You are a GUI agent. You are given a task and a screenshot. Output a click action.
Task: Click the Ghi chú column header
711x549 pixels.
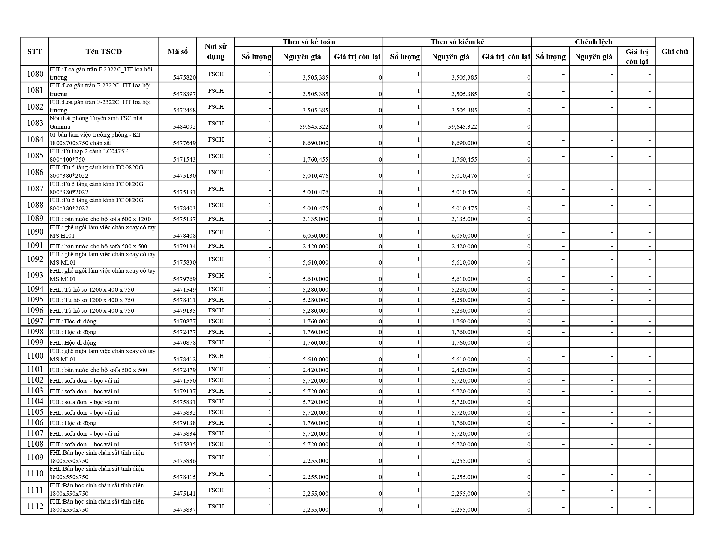pyautogui.click(x=674, y=52)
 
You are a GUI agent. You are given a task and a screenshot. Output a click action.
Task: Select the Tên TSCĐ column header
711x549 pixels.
pyautogui.click(x=103, y=52)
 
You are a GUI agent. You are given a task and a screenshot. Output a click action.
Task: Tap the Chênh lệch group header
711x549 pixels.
pyautogui.click(x=593, y=42)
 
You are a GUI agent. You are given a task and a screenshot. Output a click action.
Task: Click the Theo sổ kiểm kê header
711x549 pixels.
pyautogui.click(x=457, y=42)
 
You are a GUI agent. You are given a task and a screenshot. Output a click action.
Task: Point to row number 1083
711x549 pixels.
pyautogui.click(x=35, y=123)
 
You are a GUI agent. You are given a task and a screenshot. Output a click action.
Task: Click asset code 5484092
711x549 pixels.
pyautogui.click(x=184, y=127)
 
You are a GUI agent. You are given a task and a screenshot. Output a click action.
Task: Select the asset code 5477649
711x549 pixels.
pyautogui.click(x=184, y=143)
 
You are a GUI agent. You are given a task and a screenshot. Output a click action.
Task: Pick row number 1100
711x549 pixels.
pyautogui.click(x=35, y=356)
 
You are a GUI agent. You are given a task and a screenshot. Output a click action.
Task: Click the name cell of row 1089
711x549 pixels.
pyautogui.click(x=100, y=219)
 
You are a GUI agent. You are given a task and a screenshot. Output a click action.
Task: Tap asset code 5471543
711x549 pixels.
pyautogui.click(x=184, y=159)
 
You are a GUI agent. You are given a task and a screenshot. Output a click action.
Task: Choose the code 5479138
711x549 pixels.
pyautogui.click(x=184, y=423)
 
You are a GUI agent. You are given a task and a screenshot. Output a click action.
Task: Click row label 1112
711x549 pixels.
pyautogui.click(x=35, y=506)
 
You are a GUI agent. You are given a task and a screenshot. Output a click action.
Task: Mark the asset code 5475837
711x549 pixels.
pyautogui.click(x=184, y=510)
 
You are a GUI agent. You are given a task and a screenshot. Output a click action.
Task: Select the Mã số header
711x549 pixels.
pyautogui.click(x=177, y=52)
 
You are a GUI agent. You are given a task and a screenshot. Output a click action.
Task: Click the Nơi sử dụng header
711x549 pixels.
pyautogui.click(x=216, y=52)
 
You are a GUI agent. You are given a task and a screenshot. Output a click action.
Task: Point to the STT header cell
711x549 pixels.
pyautogui.click(x=34, y=52)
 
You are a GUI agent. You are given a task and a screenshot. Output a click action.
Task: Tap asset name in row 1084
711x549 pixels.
pyautogui.click(x=95, y=139)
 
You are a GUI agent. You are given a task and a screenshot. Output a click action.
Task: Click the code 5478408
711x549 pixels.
pyautogui.click(x=184, y=236)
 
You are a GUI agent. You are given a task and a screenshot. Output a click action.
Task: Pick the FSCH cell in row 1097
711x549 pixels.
pyautogui.click(x=216, y=321)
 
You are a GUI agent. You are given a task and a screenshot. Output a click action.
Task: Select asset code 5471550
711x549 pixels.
pyautogui.click(x=184, y=380)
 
